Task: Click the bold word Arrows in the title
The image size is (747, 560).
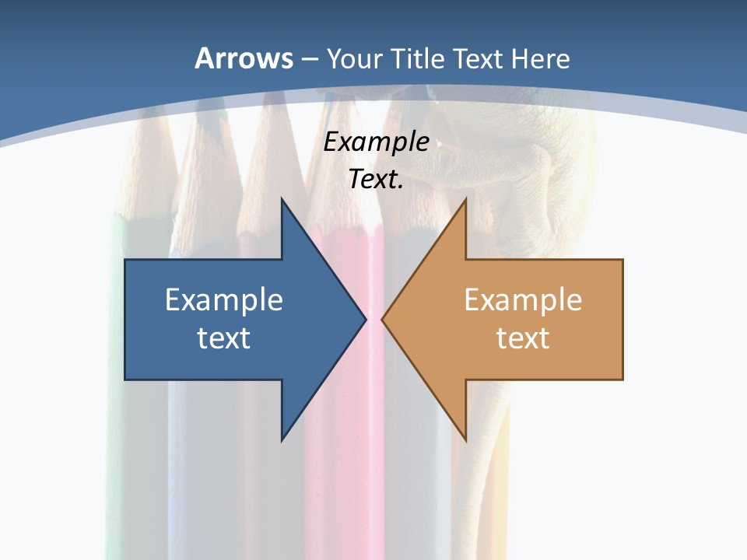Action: point(244,58)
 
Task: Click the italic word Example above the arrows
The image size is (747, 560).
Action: point(376,142)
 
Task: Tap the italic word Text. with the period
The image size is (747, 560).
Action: point(376,179)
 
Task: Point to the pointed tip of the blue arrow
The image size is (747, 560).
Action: point(366,319)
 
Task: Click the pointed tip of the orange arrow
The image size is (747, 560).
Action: point(382,319)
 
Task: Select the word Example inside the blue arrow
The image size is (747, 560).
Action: point(224,299)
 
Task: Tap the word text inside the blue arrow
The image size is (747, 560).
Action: point(224,338)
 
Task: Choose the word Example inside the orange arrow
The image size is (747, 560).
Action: point(523,299)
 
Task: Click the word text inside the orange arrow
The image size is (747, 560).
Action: point(523,338)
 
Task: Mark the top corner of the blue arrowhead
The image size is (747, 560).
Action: point(282,199)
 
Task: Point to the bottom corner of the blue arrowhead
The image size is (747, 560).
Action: point(282,440)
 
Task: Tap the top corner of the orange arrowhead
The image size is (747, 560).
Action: point(465,199)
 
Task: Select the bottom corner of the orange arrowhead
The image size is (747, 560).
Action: point(465,440)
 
